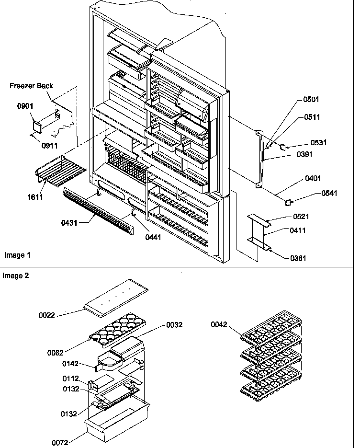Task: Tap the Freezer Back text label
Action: [32, 86]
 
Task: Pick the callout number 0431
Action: [70, 223]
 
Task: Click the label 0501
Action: [311, 100]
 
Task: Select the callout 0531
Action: [318, 142]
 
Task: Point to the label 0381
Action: [298, 258]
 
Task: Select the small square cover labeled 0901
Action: [36, 127]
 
